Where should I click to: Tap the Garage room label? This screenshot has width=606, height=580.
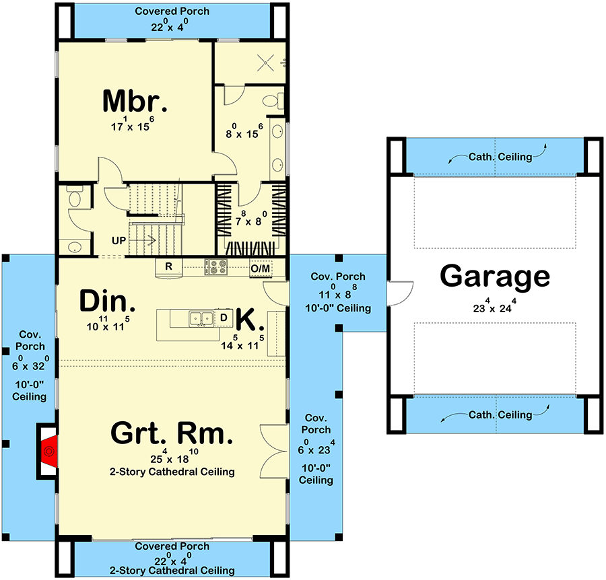click(495, 277)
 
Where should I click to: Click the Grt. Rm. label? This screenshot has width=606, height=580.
click(172, 433)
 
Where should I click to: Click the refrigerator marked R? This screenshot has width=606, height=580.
click(170, 267)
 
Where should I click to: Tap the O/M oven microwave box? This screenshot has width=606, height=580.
click(260, 268)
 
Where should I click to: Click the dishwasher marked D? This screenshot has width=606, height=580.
click(224, 317)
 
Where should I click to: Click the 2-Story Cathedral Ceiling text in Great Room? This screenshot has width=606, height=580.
click(172, 472)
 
